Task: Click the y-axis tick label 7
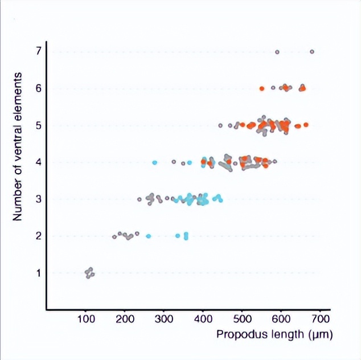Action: point(38,52)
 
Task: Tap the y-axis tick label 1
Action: point(38,273)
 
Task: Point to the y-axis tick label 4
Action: point(38,162)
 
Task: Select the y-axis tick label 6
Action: point(38,88)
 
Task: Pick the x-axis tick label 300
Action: point(164,317)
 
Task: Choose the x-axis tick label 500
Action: point(242,317)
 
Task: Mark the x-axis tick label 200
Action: point(125,317)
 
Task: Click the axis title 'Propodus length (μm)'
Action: point(274,334)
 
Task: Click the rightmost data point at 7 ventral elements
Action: point(312,52)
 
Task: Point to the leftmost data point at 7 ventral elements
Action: point(277,52)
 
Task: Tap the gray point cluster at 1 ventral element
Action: point(89,273)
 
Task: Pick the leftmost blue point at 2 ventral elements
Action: point(149,236)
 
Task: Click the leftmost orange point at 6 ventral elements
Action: point(262,88)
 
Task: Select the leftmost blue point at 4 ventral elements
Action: point(155,162)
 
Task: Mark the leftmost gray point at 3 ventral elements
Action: point(140,199)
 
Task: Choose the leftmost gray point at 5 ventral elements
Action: point(220,125)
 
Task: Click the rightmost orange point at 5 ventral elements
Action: point(306,124)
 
